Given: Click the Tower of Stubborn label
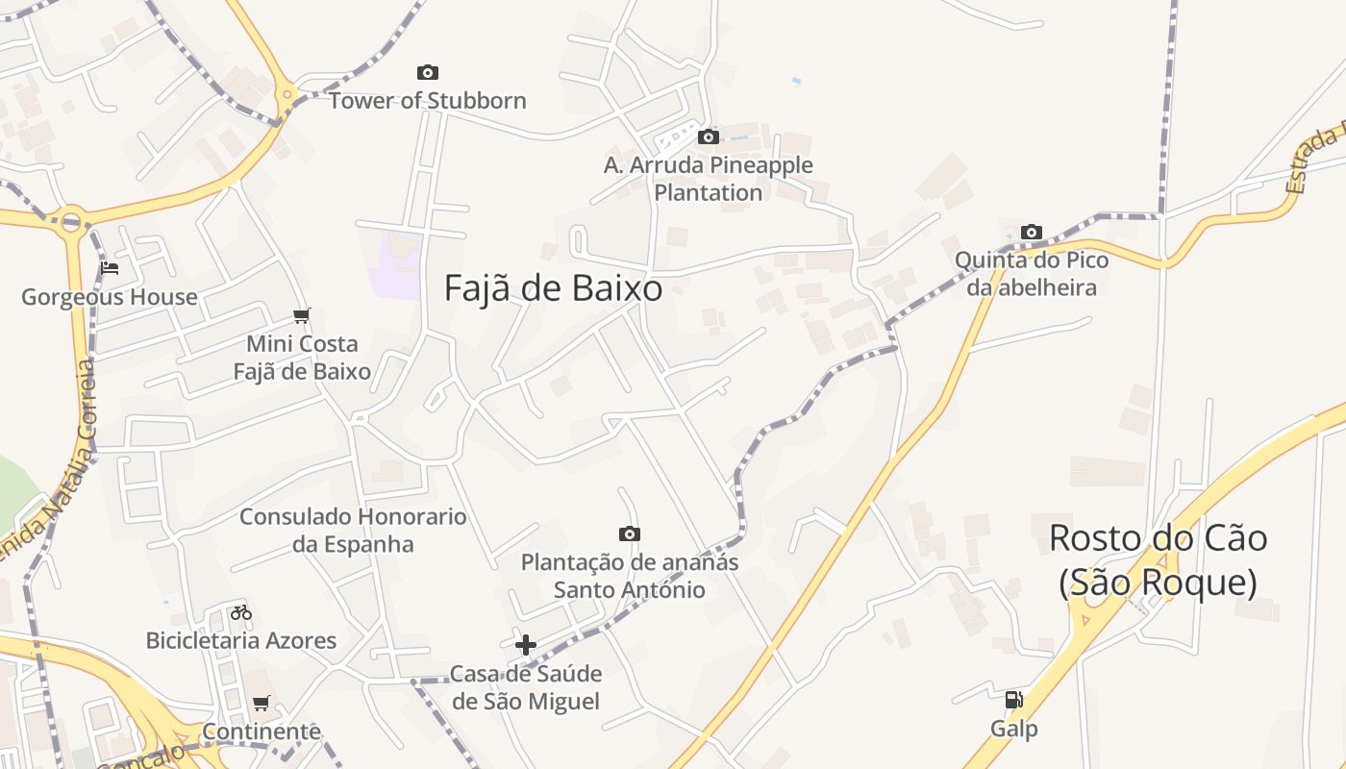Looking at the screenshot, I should point(427,100).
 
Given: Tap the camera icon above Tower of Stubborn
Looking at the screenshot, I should point(428,72).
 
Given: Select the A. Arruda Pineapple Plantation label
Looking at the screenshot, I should point(709,179).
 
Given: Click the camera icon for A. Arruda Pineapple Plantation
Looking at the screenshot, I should point(709,136).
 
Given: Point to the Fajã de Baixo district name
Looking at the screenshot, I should point(553,288).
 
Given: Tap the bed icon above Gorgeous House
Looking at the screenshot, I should point(110,268).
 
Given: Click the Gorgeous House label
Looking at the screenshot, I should point(110,297).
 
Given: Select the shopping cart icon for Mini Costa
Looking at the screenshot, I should point(302,315).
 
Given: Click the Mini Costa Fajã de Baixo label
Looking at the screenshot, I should point(302,358).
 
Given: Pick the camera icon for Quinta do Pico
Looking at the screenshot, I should point(1032,232).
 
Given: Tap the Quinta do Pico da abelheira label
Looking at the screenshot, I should point(1031,274).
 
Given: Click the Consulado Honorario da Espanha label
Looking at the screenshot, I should point(353,531).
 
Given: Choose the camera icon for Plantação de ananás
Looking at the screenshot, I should point(629,533).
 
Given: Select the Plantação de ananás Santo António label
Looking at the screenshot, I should point(630,576).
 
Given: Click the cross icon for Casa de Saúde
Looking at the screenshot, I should point(526,644).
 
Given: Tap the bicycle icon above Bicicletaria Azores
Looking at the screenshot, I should point(240,611).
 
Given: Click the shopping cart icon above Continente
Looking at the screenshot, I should point(262,703).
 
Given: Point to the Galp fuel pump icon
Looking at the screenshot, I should point(1014,700).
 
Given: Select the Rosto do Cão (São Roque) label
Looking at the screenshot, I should point(1158,560).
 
